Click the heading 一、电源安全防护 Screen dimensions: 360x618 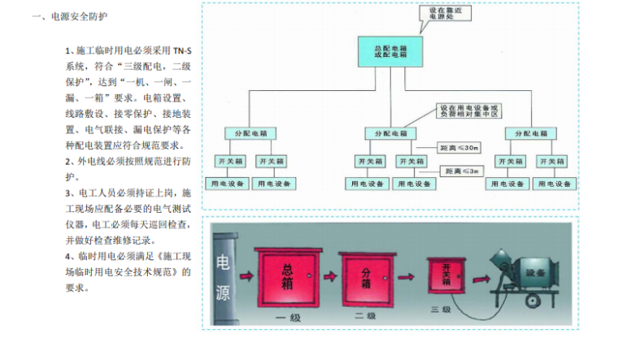68,15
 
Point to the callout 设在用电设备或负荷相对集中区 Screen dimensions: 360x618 468,111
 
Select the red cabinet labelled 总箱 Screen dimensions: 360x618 286,275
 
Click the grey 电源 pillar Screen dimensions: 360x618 223,276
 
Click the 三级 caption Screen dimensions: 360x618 446,310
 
